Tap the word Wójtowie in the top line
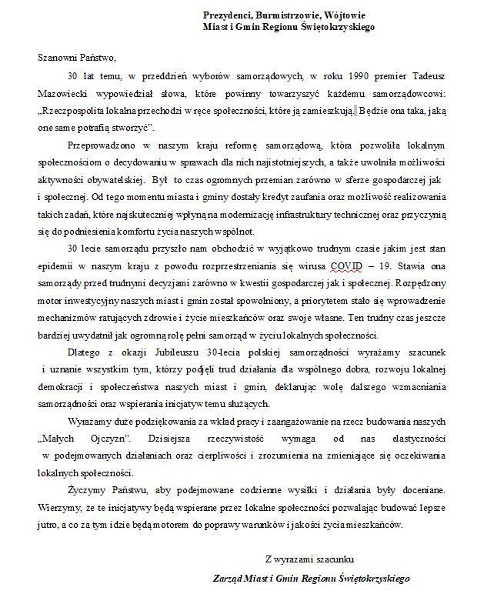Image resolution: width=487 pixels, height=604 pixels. tap(346, 15)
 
